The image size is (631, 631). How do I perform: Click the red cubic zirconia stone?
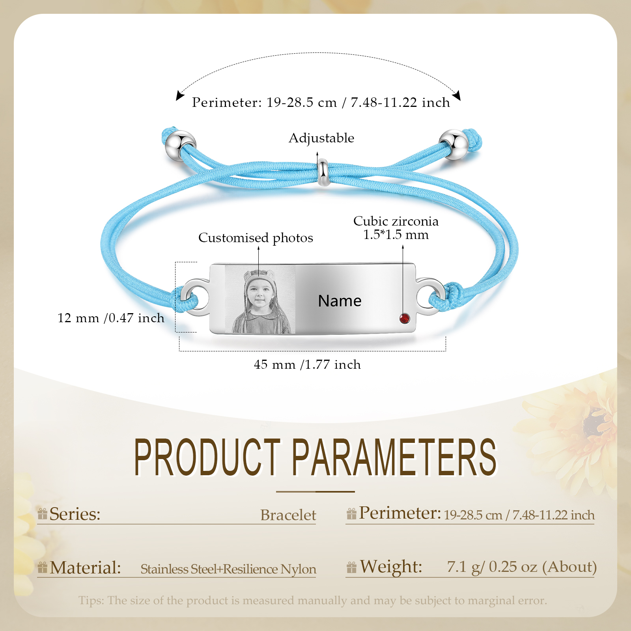pyautogui.click(x=405, y=318)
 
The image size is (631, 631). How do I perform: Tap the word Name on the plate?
pyautogui.click(x=340, y=301)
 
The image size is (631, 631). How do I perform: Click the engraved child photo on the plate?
pyautogui.click(x=260, y=300)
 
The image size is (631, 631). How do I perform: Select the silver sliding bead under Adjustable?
pyautogui.click(x=323, y=172)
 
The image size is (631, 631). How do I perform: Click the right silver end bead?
pyautogui.click(x=454, y=144)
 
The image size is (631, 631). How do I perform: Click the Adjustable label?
pyautogui.click(x=321, y=138)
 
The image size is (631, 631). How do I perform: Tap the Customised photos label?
pyautogui.click(x=256, y=238)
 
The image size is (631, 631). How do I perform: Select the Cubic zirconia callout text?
pyautogui.click(x=396, y=228)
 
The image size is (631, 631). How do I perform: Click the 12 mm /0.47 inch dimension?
pyautogui.click(x=111, y=318)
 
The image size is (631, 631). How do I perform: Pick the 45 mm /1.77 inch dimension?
pyautogui.click(x=307, y=364)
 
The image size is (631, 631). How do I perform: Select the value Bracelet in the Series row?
pyautogui.click(x=288, y=515)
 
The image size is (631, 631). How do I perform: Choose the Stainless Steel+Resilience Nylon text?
pyautogui.click(x=228, y=569)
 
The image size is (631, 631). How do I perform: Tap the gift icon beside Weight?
pyautogui.click(x=351, y=568)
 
